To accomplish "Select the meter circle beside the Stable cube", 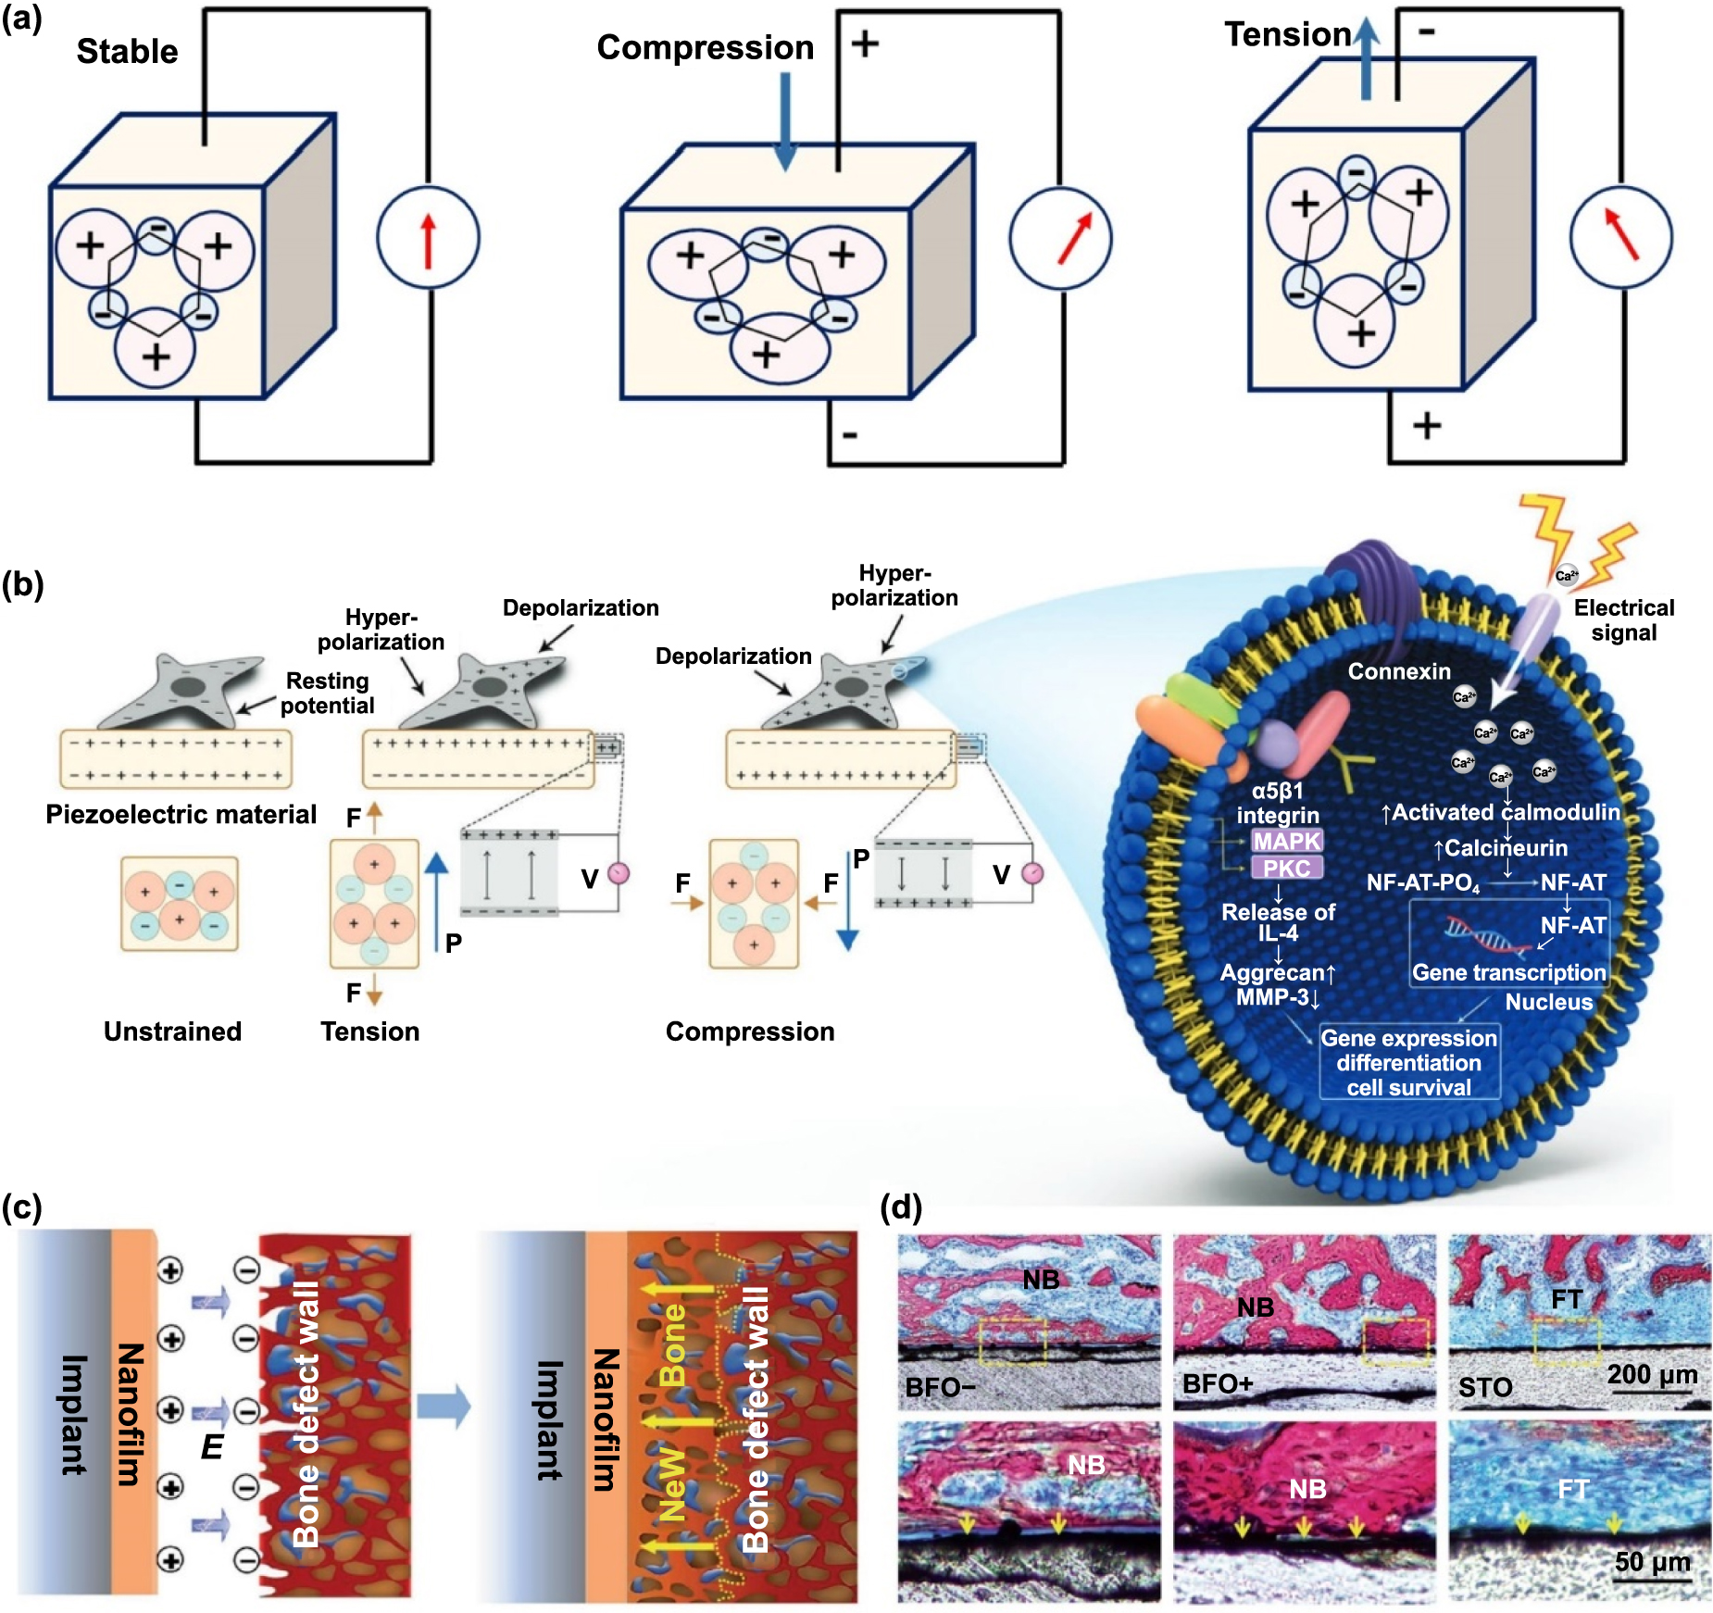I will click(x=428, y=238).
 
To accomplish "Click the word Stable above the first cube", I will click(x=127, y=52).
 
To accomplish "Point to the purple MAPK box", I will click(x=1287, y=842).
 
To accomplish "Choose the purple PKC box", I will click(x=1287, y=869).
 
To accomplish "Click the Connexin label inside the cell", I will click(x=1398, y=671).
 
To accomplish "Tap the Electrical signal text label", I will click(x=1624, y=620).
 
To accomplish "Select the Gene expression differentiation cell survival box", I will click(x=1408, y=1063).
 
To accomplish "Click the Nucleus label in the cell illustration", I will click(x=1548, y=1002).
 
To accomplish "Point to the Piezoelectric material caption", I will click(x=181, y=814).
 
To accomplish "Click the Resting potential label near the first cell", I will click(x=327, y=693).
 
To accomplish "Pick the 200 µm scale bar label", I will click(x=1652, y=1374).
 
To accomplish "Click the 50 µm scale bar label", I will click(x=1652, y=1562).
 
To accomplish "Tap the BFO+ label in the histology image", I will click(x=1218, y=1384).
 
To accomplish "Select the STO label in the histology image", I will click(x=1485, y=1387).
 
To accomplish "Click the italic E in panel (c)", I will click(x=212, y=1446).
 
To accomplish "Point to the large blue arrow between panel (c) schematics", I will click(x=444, y=1407).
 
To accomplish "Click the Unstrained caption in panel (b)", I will click(x=172, y=1032).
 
